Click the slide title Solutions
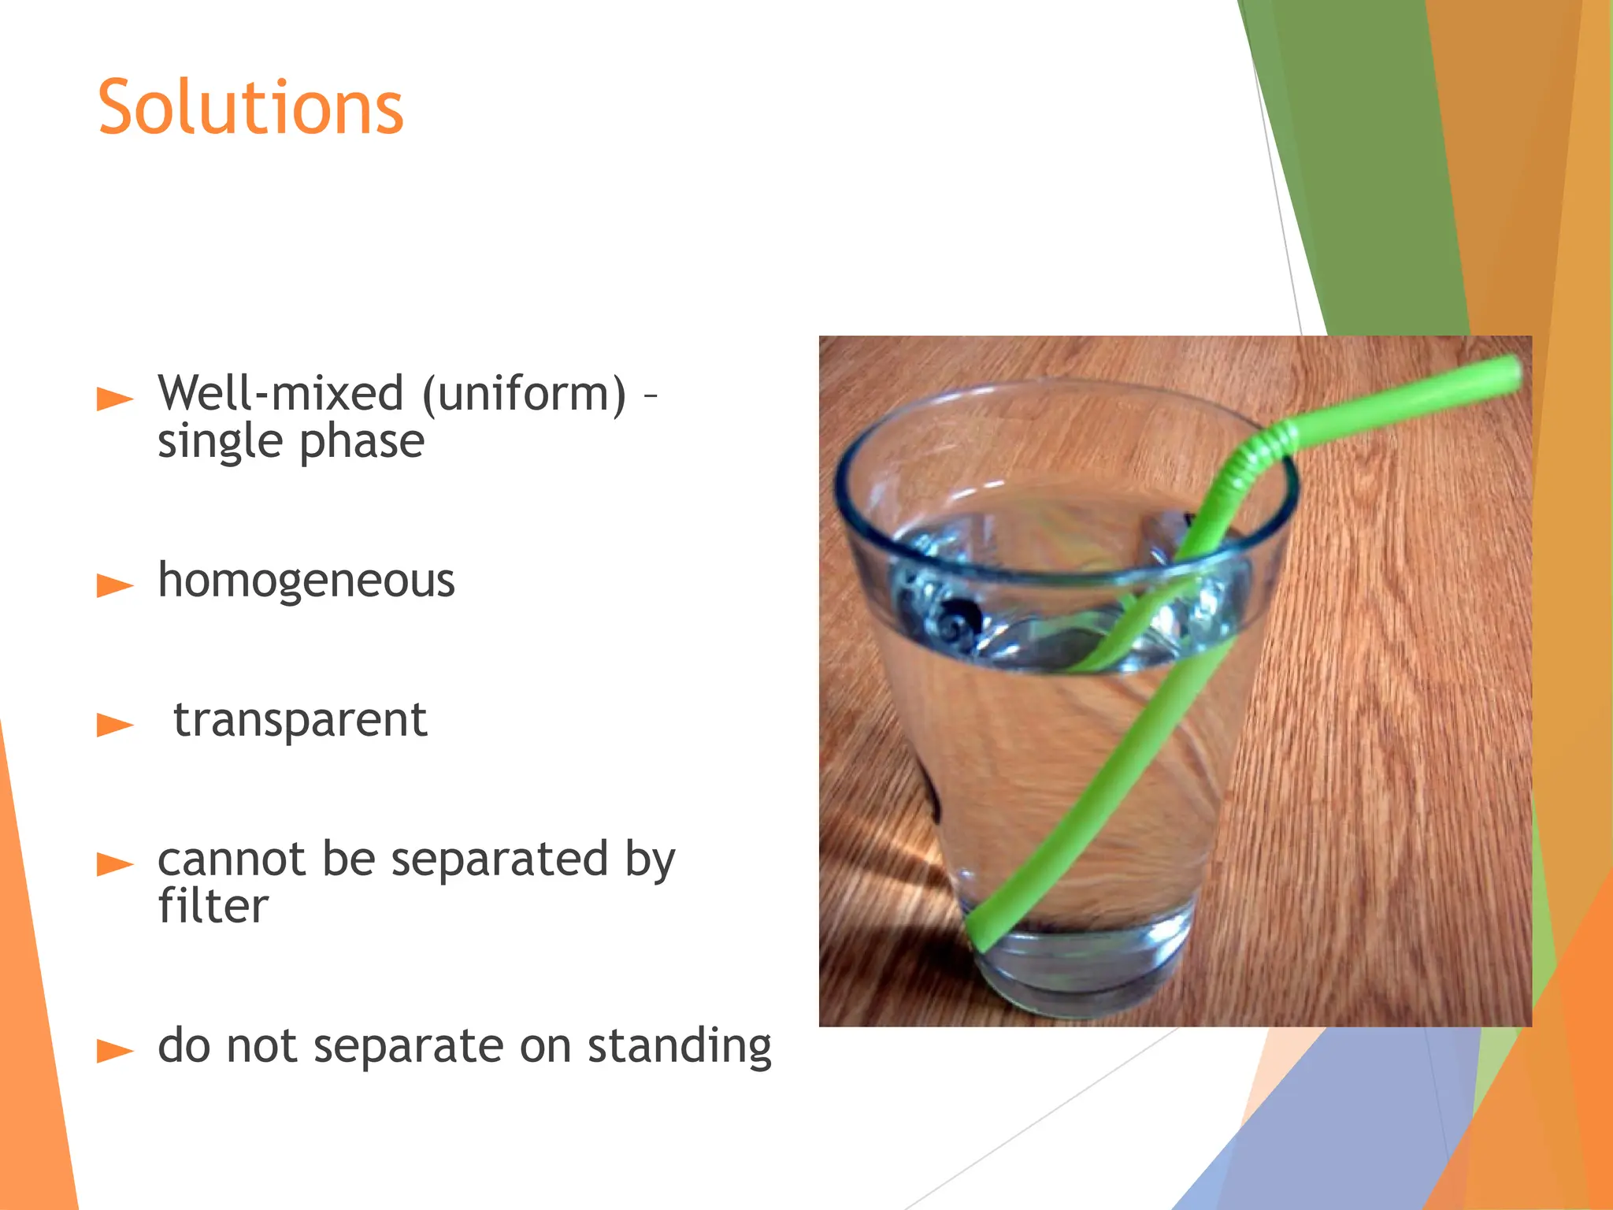(250, 108)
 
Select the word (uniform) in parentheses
(525, 394)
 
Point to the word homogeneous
(306, 581)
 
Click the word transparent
(300, 720)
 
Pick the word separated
(500, 859)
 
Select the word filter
(213, 906)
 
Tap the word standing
(680, 1048)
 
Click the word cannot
(231, 859)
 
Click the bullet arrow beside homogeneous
(115, 585)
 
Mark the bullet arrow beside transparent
(115, 725)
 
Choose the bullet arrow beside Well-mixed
(115, 399)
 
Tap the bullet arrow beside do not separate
(115, 1051)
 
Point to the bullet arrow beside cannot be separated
(115, 864)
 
